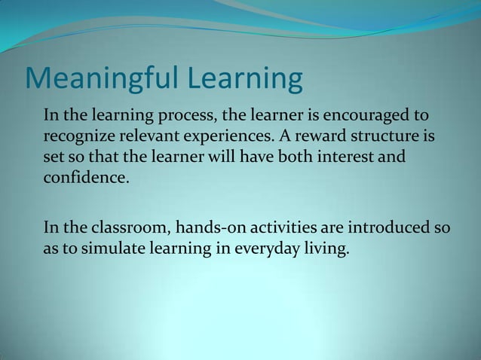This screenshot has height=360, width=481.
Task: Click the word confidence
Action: [81, 179]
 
